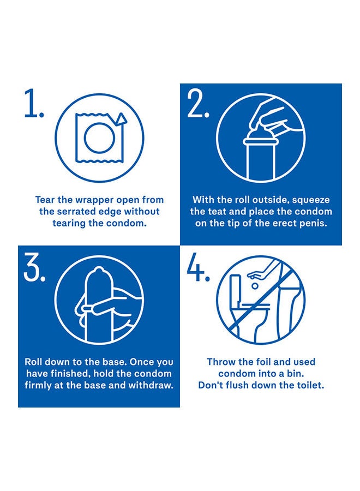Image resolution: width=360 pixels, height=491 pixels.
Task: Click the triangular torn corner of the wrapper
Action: (x=121, y=119)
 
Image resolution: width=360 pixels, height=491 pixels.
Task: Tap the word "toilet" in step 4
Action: (x=309, y=385)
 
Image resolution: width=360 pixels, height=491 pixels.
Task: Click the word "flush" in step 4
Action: (x=238, y=385)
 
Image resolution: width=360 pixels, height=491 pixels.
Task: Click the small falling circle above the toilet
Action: (x=255, y=286)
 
